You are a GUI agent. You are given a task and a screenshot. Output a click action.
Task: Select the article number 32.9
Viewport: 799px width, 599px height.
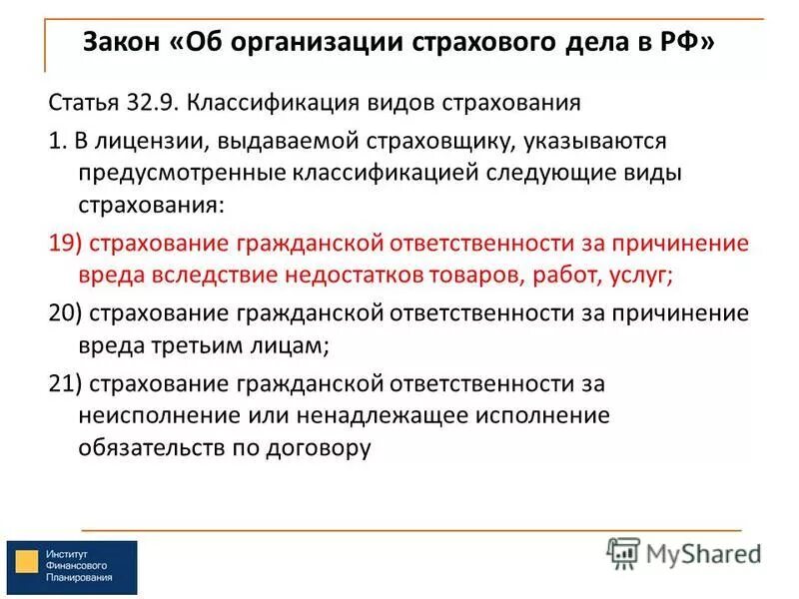coord(150,103)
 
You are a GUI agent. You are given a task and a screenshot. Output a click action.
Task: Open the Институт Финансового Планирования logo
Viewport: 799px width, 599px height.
coord(71,568)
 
